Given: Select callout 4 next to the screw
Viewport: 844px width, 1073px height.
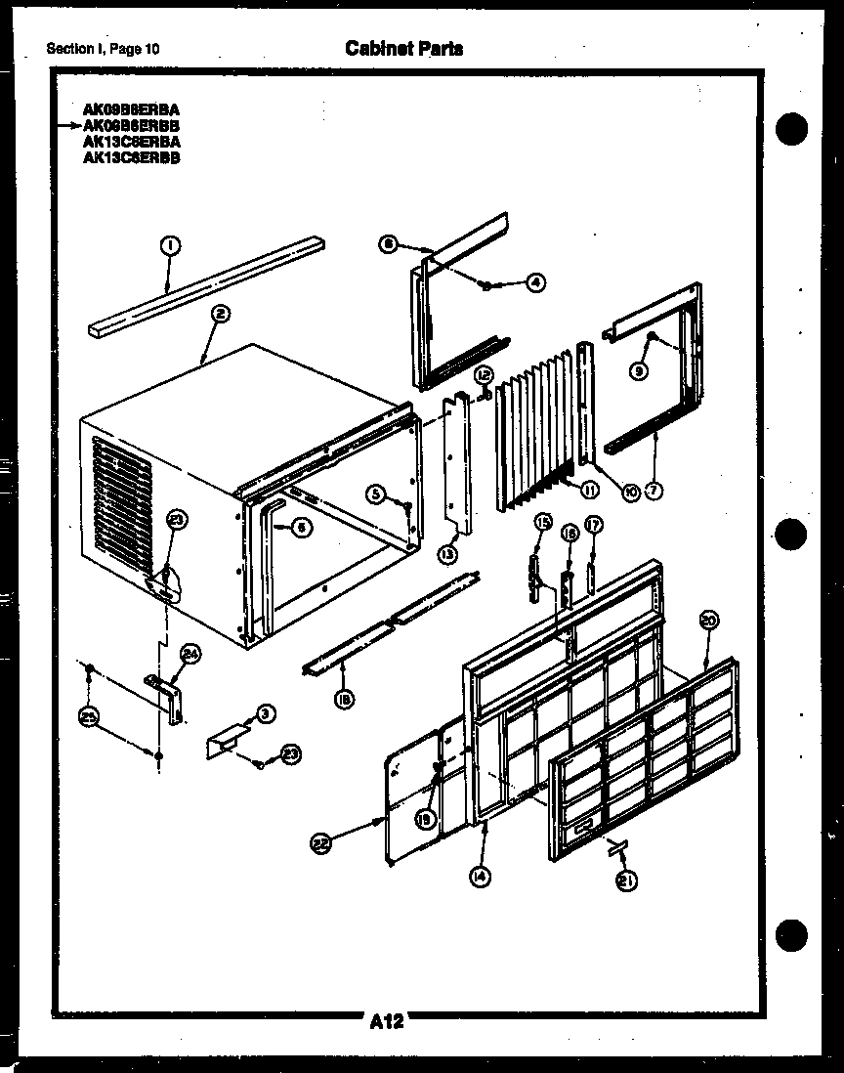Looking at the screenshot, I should (x=535, y=282).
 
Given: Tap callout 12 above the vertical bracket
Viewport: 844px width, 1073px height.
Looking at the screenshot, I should (x=483, y=375).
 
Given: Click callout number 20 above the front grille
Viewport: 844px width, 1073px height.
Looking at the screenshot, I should (x=709, y=619).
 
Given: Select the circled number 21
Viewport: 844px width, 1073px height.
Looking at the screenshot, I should (x=624, y=881).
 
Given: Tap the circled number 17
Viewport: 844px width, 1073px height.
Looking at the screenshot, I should (x=594, y=525).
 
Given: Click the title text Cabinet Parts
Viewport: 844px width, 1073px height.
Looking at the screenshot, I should (x=403, y=48).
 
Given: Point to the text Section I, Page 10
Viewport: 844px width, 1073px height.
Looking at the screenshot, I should (x=103, y=49).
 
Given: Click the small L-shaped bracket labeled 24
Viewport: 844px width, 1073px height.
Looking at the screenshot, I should (x=169, y=697).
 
